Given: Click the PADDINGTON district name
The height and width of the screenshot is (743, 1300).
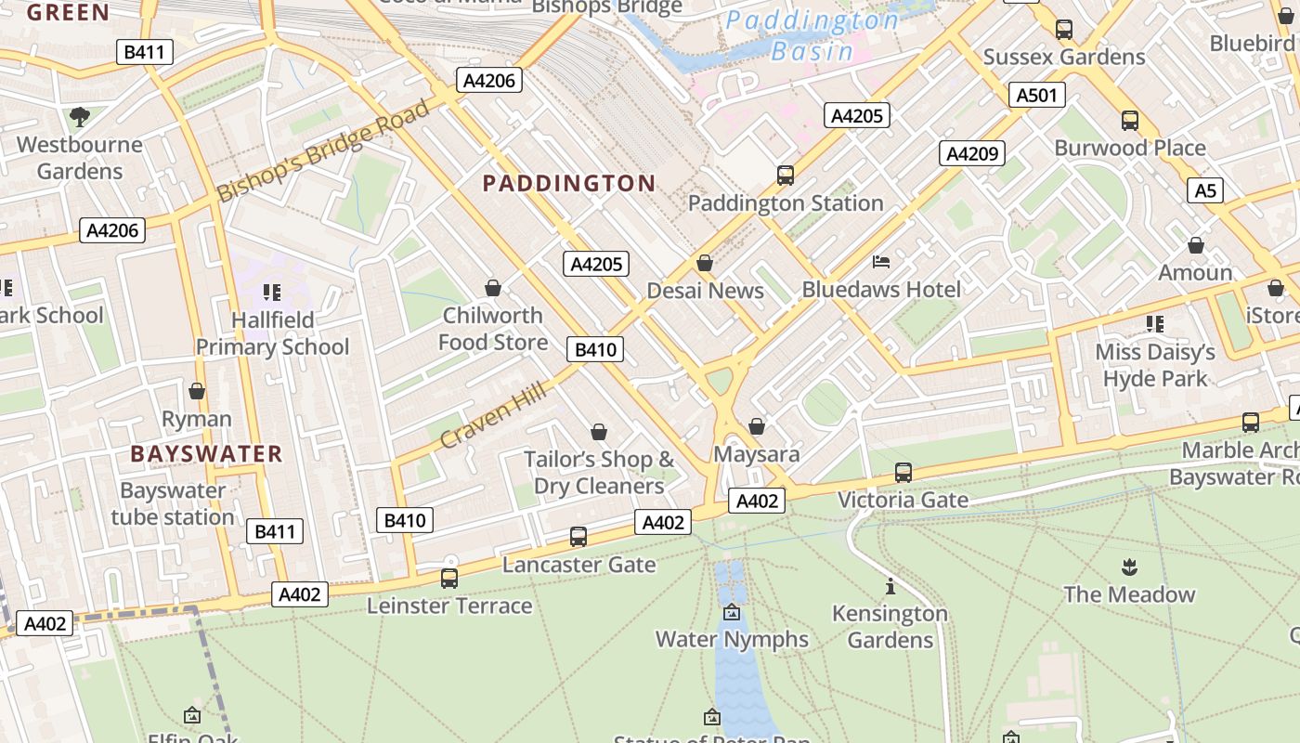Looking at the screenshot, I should pos(569,183).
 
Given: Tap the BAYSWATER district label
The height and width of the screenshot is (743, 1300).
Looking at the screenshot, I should pos(206,454).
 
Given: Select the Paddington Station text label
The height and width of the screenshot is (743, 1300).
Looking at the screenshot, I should pos(786,203).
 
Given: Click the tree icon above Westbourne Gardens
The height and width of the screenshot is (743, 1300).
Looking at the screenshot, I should pos(80,116).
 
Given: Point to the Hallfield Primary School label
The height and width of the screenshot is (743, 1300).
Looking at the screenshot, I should pos(272,333).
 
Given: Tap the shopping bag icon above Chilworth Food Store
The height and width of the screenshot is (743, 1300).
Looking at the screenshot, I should pos(493,288).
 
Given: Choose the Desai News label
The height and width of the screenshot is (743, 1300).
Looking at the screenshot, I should pos(705,291).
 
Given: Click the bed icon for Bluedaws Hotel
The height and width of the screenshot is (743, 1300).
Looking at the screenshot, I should pos(881,262).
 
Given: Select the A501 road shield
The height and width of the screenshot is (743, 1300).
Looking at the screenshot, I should pos(1036,95).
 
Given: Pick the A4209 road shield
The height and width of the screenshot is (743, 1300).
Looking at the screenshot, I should pos(971,153).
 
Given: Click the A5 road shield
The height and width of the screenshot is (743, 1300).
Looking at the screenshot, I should pos(1204,190).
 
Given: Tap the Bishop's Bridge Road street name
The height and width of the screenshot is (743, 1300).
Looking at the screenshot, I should pos(324,150).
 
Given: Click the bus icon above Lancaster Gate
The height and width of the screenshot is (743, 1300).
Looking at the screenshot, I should pos(578,536).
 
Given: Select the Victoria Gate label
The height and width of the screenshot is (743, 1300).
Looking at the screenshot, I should pos(903,501).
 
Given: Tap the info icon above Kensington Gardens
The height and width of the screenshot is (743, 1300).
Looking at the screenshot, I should pos(890,586).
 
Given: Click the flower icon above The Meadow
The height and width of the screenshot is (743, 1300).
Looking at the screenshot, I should pos(1129,567).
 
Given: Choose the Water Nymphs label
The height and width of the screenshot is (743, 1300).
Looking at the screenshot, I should pos(732,640).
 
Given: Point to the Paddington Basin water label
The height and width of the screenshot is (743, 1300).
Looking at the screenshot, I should pos(812,35).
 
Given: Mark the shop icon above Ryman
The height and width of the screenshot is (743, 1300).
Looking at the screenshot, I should pos(196,391).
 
